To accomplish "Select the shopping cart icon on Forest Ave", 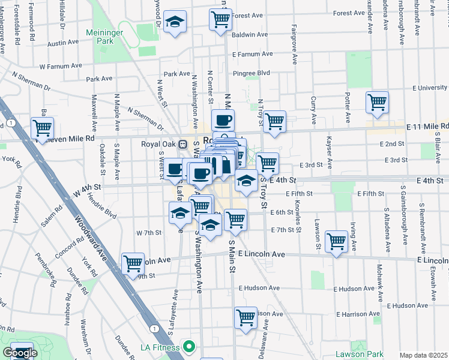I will click(x=221, y=19).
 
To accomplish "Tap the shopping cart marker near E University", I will click(x=377, y=101).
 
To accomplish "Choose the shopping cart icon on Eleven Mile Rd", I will click(x=42, y=127).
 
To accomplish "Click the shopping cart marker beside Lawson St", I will click(x=337, y=241).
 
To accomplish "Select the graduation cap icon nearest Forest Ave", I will click(x=175, y=22).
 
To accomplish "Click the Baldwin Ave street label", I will click(x=250, y=35).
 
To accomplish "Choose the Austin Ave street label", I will click(x=63, y=43).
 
